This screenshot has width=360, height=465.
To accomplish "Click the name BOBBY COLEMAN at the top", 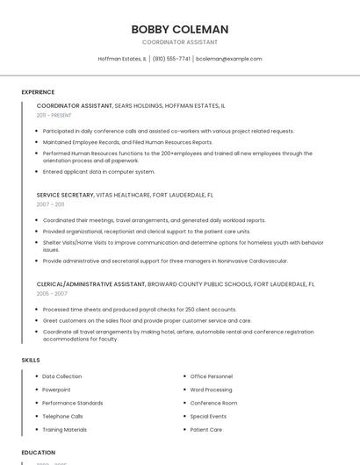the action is tap(180, 29).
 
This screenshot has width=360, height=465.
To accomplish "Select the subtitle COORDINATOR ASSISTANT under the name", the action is tap(180, 42).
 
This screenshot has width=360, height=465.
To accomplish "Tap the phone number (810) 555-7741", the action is tap(171, 59).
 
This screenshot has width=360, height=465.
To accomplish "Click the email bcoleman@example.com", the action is tap(228, 59).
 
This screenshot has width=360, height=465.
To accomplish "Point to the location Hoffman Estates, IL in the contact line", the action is tap(122, 59).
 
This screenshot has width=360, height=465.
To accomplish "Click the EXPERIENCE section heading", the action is tap(38, 92).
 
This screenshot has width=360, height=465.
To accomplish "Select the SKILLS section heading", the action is tap(31, 360).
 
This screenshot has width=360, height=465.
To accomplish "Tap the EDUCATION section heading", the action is tap(39, 453).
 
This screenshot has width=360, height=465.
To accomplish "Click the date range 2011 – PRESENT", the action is tap(54, 115).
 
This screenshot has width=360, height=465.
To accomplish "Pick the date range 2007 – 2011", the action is tap(50, 204).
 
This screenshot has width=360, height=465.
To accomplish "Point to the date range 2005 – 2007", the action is tap(50, 294).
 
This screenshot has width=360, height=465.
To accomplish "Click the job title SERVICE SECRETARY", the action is tap(66, 194).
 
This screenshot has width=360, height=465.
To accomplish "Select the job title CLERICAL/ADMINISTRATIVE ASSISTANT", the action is tap(91, 284).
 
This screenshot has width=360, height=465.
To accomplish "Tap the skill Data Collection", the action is tap(62, 376).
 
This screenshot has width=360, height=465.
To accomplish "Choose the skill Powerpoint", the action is tap(56, 390).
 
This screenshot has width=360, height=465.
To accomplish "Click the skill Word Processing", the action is tap(212, 390).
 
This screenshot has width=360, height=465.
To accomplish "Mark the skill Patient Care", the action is tap(206, 430).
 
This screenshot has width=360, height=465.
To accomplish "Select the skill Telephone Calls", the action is tap(62, 417).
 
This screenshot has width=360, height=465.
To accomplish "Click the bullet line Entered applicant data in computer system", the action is tap(98, 172).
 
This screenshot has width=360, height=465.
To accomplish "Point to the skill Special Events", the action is tap(209, 417).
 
